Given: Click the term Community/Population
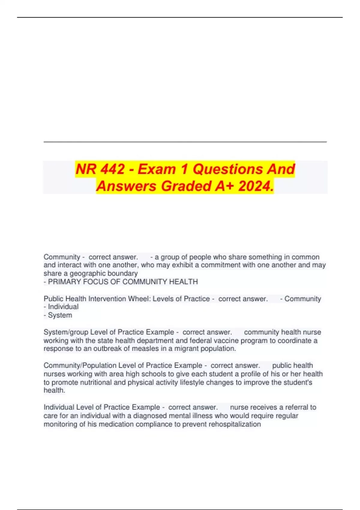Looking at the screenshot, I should pyautogui.click(x=80, y=365).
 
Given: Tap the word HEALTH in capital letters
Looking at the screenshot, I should pyautogui.click(x=184, y=282).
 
